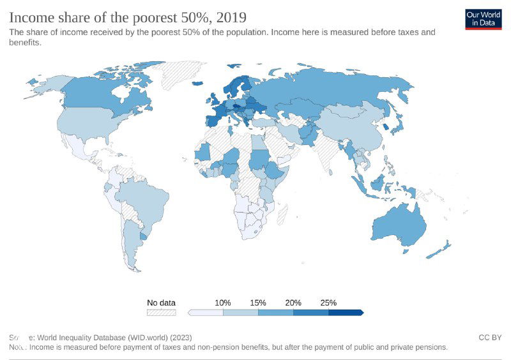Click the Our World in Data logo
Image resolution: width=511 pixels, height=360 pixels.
pyautogui.click(x=483, y=19)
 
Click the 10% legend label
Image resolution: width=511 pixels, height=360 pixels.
pyautogui.click(x=222, y=303)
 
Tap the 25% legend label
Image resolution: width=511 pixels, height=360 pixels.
pyautogui.click(x=328, y=303)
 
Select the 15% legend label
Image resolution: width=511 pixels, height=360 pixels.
pyautogui.click(x=257, y=303)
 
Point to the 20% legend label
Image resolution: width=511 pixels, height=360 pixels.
pyautogui.click(x=293, y=303)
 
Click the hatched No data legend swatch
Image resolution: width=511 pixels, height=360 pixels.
pyautogui.click(x=161, y=313)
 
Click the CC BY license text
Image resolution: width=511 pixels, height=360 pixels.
pyautogui.click(x=489, y=337)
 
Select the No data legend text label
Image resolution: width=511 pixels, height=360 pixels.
pyautogui.click(x=161, y=303)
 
